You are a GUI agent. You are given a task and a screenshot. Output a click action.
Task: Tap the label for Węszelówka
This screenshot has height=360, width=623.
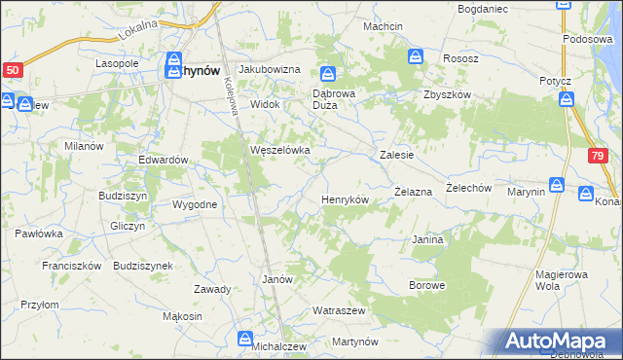coord(280,151)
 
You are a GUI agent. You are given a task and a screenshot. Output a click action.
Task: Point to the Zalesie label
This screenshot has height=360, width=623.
coord(397,155)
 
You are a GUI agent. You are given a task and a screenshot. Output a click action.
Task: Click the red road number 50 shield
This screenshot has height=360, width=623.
coord(13,70)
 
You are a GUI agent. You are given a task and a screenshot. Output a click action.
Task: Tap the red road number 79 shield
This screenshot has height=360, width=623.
coord(598,156)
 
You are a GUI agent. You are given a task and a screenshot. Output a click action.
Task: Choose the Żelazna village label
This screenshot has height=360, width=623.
coord(413,193)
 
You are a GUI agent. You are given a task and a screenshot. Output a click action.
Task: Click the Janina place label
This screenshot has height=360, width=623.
coord(428,239)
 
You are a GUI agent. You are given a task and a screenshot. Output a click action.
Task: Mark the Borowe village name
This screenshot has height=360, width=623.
coord(427,286)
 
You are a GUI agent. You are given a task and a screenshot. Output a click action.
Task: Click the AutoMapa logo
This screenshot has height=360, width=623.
coord(559,342)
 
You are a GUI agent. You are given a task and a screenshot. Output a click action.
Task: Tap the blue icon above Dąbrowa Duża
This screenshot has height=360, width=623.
coord(329,74)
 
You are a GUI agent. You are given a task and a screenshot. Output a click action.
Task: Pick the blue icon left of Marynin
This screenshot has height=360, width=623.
coord(557,185)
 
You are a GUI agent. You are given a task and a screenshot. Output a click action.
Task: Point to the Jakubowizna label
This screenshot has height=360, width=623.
coord(270,70)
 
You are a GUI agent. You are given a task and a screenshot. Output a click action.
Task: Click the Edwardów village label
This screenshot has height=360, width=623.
coord(163,160)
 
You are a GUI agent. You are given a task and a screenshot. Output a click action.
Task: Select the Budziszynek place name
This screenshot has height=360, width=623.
coord(143,266)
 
